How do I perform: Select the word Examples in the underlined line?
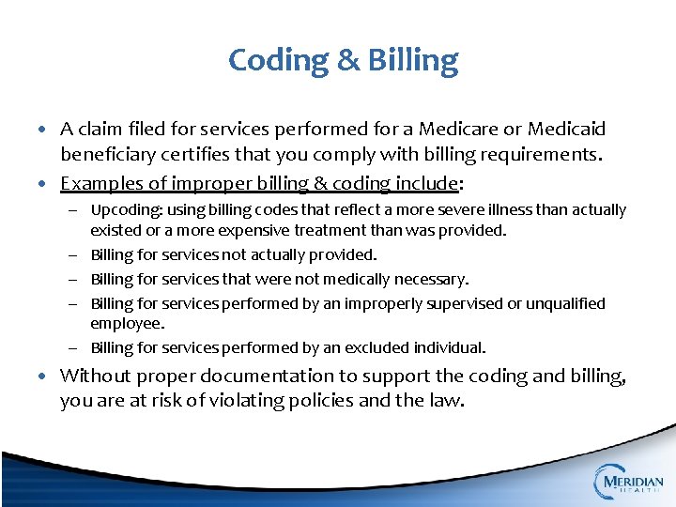pos(98,182)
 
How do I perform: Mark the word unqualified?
pos(565,303)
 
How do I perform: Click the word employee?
pos(126,324)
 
